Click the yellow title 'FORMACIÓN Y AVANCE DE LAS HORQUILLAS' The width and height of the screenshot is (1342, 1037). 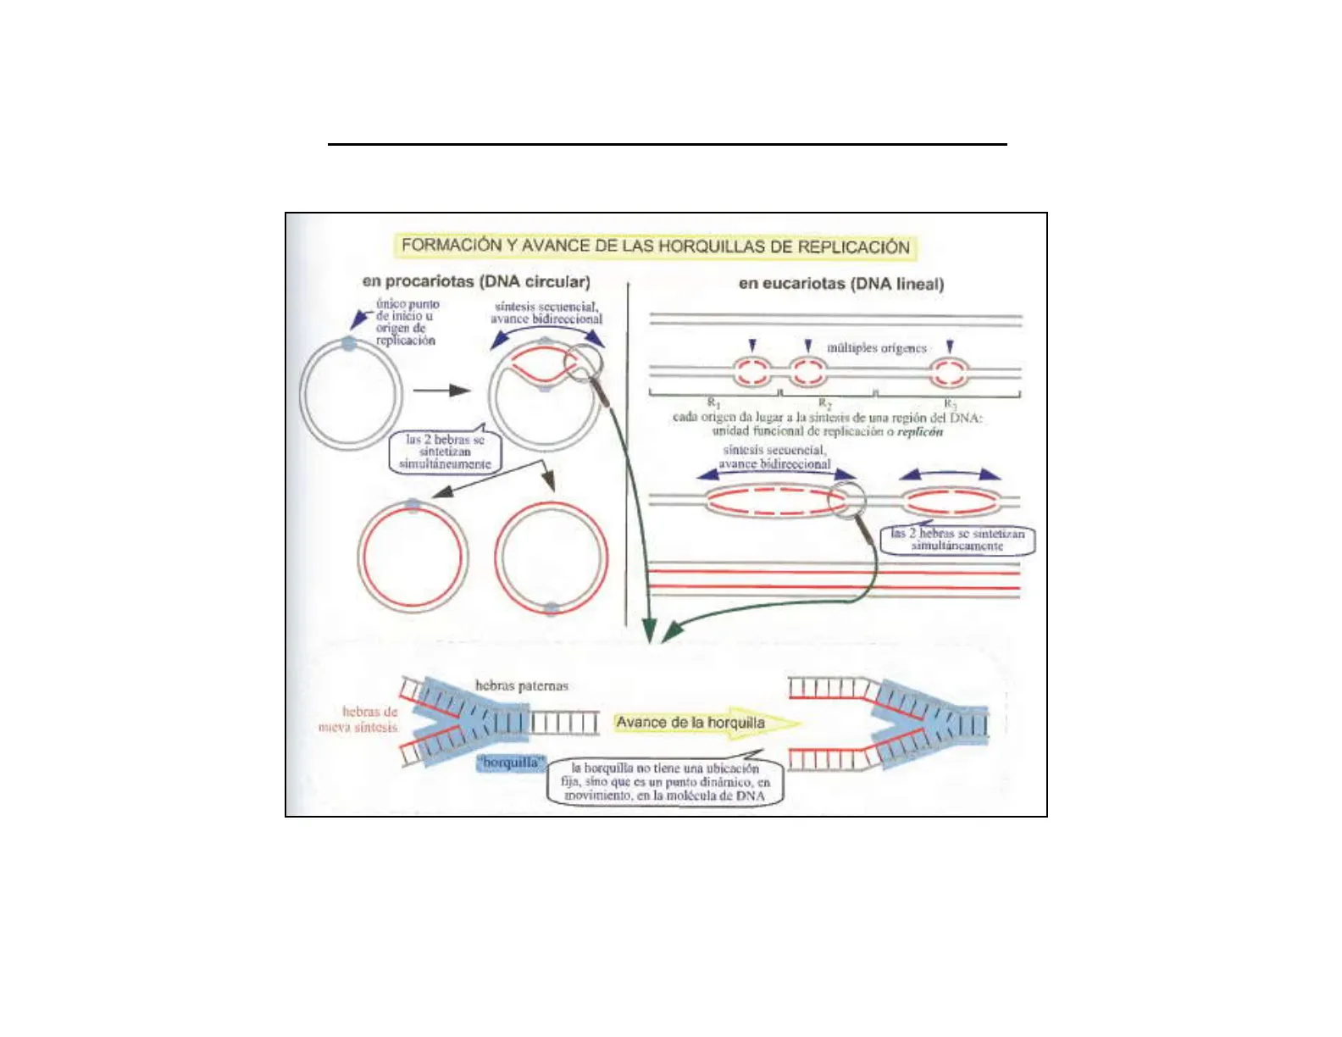point(655,247)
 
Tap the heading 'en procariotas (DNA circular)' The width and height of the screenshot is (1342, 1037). point(476,281)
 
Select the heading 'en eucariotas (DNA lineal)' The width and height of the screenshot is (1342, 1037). point(840,284)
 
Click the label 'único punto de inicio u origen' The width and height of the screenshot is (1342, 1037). point(407,322)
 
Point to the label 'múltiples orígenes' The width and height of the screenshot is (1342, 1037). point(876,348)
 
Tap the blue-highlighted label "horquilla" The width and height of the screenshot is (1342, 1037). point(511,762)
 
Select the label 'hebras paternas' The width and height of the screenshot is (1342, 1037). point(521,685)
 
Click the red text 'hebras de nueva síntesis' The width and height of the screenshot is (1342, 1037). point(359,719)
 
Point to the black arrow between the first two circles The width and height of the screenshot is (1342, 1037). point(441,391)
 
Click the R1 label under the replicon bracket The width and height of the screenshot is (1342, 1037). point(713,402)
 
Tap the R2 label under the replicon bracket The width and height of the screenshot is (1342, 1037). point(824,403)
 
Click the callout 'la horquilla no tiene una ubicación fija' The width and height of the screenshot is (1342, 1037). point(666,782)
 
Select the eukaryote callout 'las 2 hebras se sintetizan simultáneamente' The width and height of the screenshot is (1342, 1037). point(957,540)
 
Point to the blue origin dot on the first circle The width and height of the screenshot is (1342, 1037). point(349,344)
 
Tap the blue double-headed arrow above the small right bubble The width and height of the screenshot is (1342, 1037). point(950,474)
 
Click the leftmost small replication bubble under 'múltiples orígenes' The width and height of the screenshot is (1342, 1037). point(751,371)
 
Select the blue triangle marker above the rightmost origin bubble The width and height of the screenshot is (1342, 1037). point(950,347)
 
